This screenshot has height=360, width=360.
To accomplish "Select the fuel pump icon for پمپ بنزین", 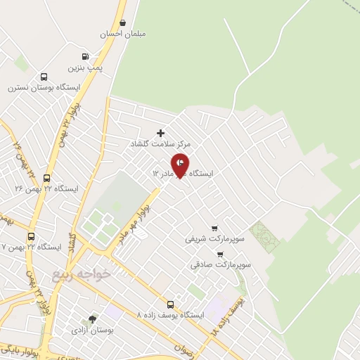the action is [86, 57].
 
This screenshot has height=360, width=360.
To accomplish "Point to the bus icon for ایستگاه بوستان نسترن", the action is [44, 77].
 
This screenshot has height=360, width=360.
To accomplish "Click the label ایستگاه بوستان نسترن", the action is [44, 89].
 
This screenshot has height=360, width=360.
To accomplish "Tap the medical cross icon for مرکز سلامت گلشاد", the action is [160, 132].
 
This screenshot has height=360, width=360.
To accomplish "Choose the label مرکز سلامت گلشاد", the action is [160, 143].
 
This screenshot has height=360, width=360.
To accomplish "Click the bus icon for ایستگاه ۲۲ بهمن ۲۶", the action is [47, 178].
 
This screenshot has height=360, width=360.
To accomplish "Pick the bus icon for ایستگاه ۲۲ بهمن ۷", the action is [31, 236].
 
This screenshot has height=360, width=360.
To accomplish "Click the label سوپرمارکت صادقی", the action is [221, 265].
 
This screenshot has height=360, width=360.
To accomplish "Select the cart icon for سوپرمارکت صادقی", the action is [221, 255].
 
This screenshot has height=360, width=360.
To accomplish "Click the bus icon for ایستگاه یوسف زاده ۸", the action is [170, 304].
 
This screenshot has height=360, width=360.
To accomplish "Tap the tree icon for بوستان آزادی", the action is [93, 319].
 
